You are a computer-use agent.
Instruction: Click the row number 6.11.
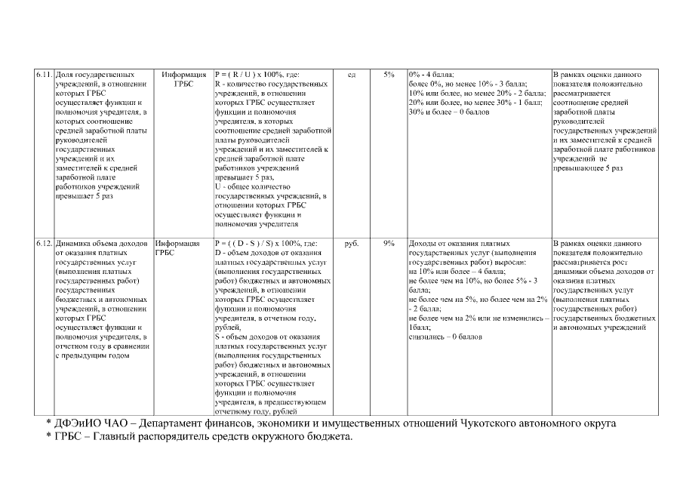[x=43, y=75]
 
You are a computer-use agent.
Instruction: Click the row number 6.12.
[x=43, y=244]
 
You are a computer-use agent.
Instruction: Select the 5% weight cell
[x=389, y=75]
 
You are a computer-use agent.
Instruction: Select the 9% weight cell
[x=389, y=244]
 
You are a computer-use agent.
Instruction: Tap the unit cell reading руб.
[x=351, y=244]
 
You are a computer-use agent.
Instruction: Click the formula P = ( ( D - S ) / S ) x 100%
[x=266, y=244]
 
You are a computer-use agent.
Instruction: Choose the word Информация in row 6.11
[x=184, y=75]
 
